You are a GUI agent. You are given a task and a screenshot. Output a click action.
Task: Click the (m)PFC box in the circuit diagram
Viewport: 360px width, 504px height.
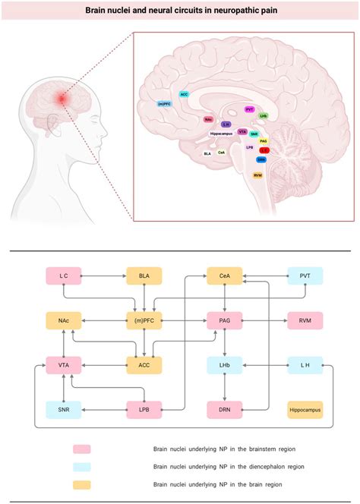click(x=144, y=321)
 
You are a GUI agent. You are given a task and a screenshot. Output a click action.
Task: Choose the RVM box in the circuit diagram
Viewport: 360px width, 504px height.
click(x=305, y=321)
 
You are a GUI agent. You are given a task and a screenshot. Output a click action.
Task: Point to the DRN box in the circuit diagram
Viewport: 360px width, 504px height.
click(x=225, y=410)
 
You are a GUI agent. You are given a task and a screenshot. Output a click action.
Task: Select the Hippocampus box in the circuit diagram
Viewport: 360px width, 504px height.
click(x=305, y=410)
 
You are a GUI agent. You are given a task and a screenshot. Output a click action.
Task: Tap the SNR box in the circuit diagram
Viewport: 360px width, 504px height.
click(x=64, y=410)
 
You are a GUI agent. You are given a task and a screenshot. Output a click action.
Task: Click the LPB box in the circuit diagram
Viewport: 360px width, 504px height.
click(x=144, y=410)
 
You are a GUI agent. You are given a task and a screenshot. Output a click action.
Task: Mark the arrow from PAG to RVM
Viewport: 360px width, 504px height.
click(x=264, y=321)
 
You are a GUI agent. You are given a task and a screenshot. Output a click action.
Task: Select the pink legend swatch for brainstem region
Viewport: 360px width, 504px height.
click(x=81, y=450)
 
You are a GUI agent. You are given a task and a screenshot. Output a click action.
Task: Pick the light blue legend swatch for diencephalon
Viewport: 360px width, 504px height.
click(x=81, y=467)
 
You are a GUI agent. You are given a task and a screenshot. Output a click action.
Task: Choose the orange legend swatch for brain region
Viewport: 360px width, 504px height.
click(x=81, y=484)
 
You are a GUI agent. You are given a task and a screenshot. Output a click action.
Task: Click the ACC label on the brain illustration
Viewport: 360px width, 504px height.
click(x=185, y=95)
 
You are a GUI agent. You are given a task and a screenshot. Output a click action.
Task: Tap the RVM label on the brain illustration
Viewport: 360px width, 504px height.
click(x=258, y=175)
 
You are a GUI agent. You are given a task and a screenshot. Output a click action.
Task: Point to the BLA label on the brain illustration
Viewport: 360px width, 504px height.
click(x=207, y=153)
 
